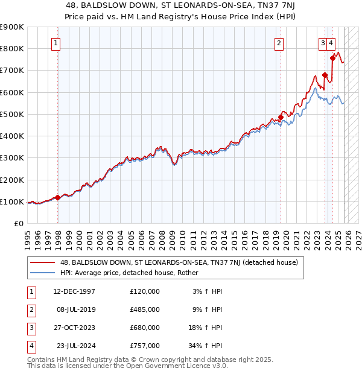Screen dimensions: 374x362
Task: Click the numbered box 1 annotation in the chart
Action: [x=56, y=43]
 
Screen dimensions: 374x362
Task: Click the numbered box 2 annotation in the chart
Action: [x=279, y=43]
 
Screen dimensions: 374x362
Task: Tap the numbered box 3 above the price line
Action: [x=323, y=43]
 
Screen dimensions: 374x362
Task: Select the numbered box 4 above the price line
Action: [x=332, y=43]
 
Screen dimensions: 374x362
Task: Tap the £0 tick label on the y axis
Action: [x=18, y=224]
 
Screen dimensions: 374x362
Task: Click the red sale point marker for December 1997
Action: [x=58, y=197]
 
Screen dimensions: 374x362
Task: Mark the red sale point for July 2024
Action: [x=332, y=58]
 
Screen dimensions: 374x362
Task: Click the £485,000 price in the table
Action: [x=145, y=309]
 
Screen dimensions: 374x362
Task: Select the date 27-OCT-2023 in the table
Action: [x=73, y=328]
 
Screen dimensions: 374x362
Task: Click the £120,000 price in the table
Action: [x=145, y=291]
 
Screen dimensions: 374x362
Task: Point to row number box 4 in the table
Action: [x=31, y=346]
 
